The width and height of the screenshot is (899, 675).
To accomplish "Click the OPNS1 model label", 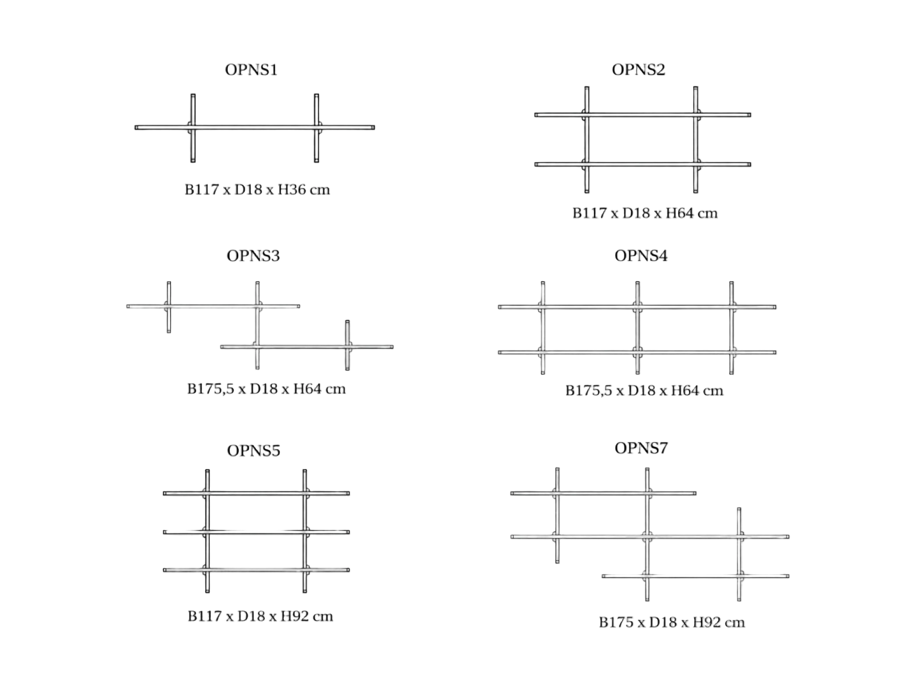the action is pyautogui.click(x=251, y=70).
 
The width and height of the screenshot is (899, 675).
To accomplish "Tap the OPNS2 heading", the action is pyautogui.click(x=638, y=70).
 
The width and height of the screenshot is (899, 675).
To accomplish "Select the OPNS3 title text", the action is pyautogui.click(x=253, y=256).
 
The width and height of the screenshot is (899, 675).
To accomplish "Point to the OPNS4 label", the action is pyautogui.click(x=641, y=256).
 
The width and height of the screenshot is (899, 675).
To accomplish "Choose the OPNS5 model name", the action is pyautogui.click(x=254, y=450).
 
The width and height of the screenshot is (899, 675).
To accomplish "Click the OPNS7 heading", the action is pyautogui.click(x=641, y=448).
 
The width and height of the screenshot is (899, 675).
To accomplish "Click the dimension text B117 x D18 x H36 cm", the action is pyautogui.click(x=257, y=189).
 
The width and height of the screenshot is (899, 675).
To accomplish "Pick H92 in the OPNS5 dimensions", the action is pyautogui.click(x=294, y=616).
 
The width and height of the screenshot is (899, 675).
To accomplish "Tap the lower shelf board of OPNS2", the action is pyautogui.click(x=643, y=164).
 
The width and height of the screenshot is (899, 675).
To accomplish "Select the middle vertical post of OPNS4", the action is pyautogui.click(x=637, y=328).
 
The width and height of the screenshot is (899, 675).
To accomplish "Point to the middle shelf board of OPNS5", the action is pyautogui.click(x=256, y=532).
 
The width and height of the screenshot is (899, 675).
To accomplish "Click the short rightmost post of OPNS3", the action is pyautogui.click(x=347, y=345).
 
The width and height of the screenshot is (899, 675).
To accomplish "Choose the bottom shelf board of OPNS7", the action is pyautogui.click(x=695, y=576).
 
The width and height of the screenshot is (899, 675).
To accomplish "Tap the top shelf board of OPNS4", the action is pyautogui.click(x=637, y=307).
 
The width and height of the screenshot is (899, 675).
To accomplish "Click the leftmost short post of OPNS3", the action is pyautogui.click(x=169, y=307).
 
